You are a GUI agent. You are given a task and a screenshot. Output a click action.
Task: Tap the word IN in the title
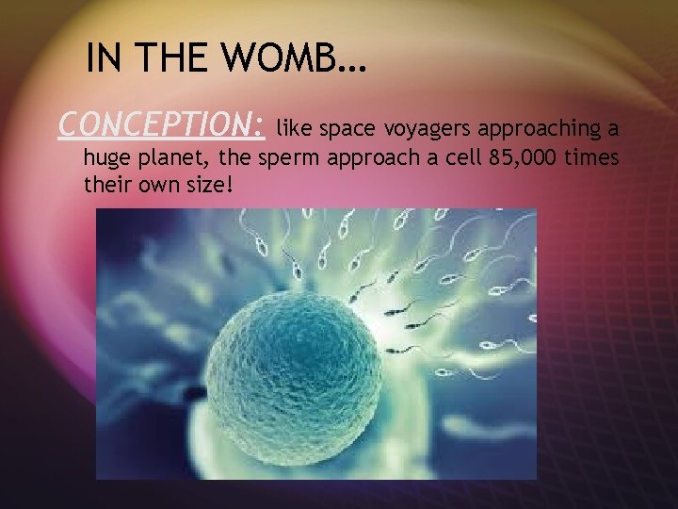coord(105,59)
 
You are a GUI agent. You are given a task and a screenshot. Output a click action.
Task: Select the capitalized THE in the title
coord(180,59)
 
